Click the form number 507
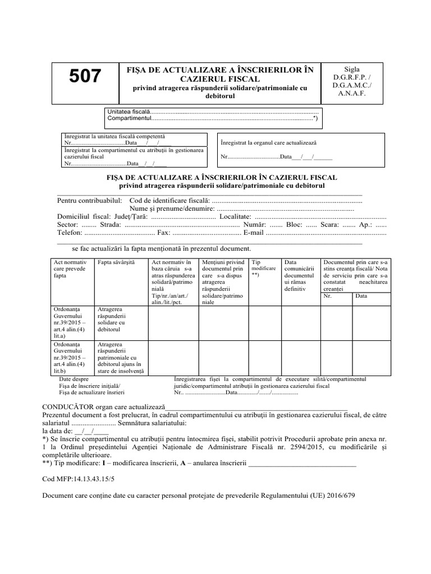pos(85,76)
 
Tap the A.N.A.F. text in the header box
pos(351,94)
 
